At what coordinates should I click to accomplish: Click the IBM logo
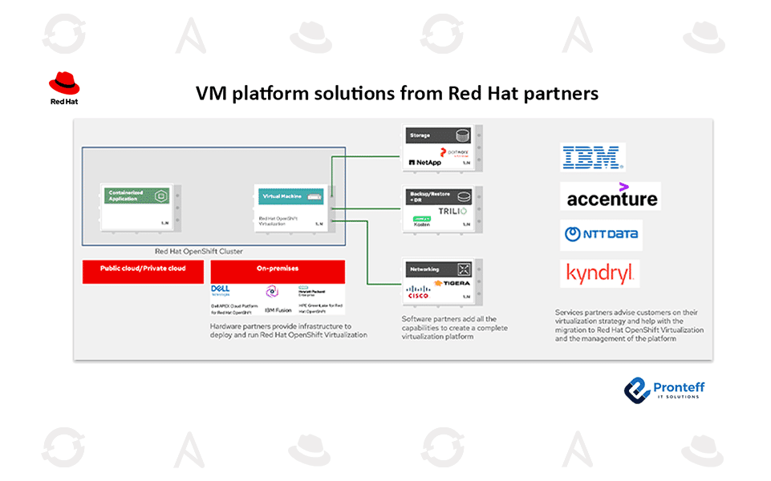point(592,157)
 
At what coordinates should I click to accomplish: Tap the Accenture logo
point(611,196)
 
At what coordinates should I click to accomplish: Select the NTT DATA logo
point(602,235)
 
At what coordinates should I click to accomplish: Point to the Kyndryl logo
point(600,274)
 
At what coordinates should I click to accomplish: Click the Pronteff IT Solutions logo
point(663,390)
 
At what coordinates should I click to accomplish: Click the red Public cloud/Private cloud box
point(142,269)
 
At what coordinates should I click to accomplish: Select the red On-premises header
point(278,269)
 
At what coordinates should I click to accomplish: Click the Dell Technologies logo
point(221,290)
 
